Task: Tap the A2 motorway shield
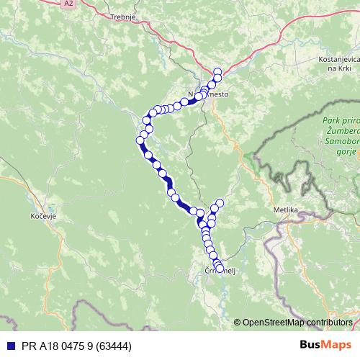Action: coord(68,4)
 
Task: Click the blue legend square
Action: coord(6,346)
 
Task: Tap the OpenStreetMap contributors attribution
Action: coord(297,322)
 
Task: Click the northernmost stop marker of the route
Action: coord(218,71)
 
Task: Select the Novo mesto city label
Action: coord(207,94)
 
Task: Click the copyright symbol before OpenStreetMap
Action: coord(238,322)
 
